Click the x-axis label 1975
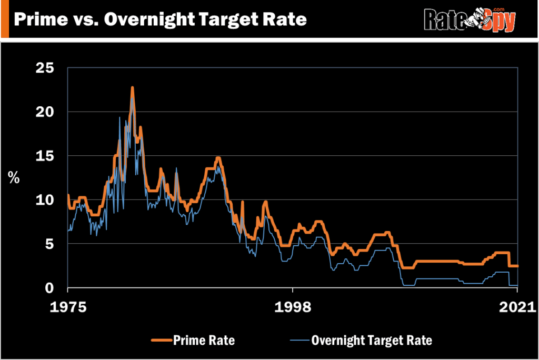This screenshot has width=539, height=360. point(68,306)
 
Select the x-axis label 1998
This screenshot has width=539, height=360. point(293,306)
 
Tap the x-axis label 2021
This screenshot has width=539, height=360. point(518,306)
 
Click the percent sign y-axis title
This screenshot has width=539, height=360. point(14,177)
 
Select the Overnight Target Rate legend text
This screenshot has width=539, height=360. point(372,340)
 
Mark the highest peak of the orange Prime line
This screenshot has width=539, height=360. point(133,88)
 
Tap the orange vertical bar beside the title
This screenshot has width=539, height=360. point(5,19)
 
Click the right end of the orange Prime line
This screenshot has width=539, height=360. point(518,266)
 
